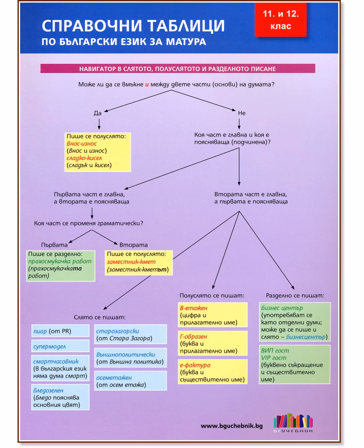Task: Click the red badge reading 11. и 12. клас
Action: pos(280,20)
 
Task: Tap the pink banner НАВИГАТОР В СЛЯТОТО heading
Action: pos(178,69)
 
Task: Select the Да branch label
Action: pos(98,113)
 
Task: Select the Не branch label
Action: pos(241,113)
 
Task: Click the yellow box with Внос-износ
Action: pos(98,152)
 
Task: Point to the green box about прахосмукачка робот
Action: pos(60,266)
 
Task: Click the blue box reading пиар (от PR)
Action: pos(60,331)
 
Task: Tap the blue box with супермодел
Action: pos(60,346)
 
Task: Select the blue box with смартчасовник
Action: pos(60,368)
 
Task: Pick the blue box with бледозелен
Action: pos(60,397)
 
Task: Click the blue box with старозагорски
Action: pos(130,334)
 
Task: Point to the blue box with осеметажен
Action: pos(130,381)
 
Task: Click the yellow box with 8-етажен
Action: pos(213,315)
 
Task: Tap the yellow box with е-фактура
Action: pos(213,372)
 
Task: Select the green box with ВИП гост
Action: pos(294,364)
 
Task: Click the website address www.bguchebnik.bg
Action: pos(232,426)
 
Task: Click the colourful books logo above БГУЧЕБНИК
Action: pos(293,420)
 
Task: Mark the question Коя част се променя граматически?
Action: pos(88,223)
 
